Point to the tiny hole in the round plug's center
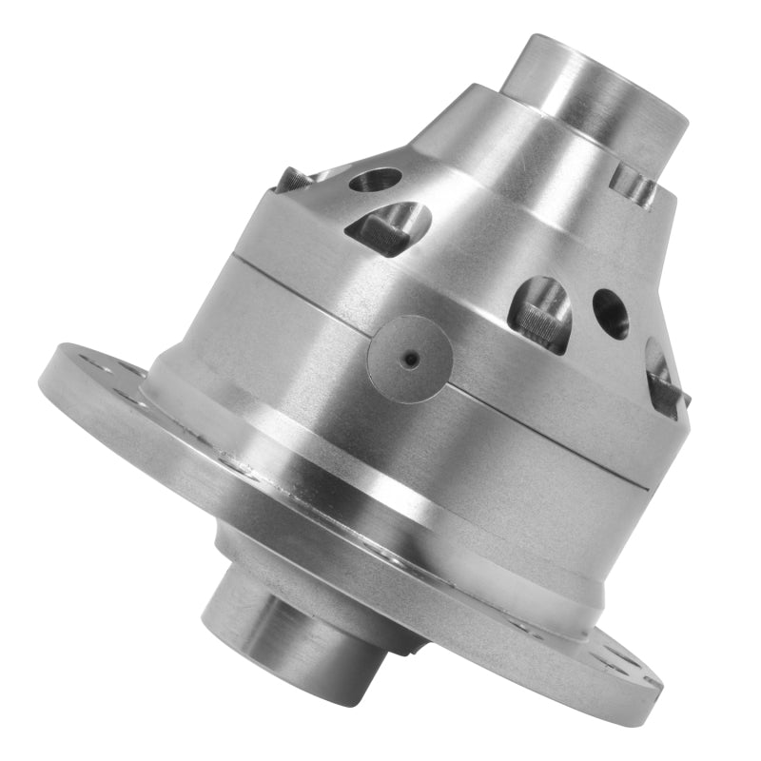point(410,359)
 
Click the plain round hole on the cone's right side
point(610,314)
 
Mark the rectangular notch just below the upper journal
point(633,184)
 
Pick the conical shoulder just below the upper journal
point(495,143)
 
